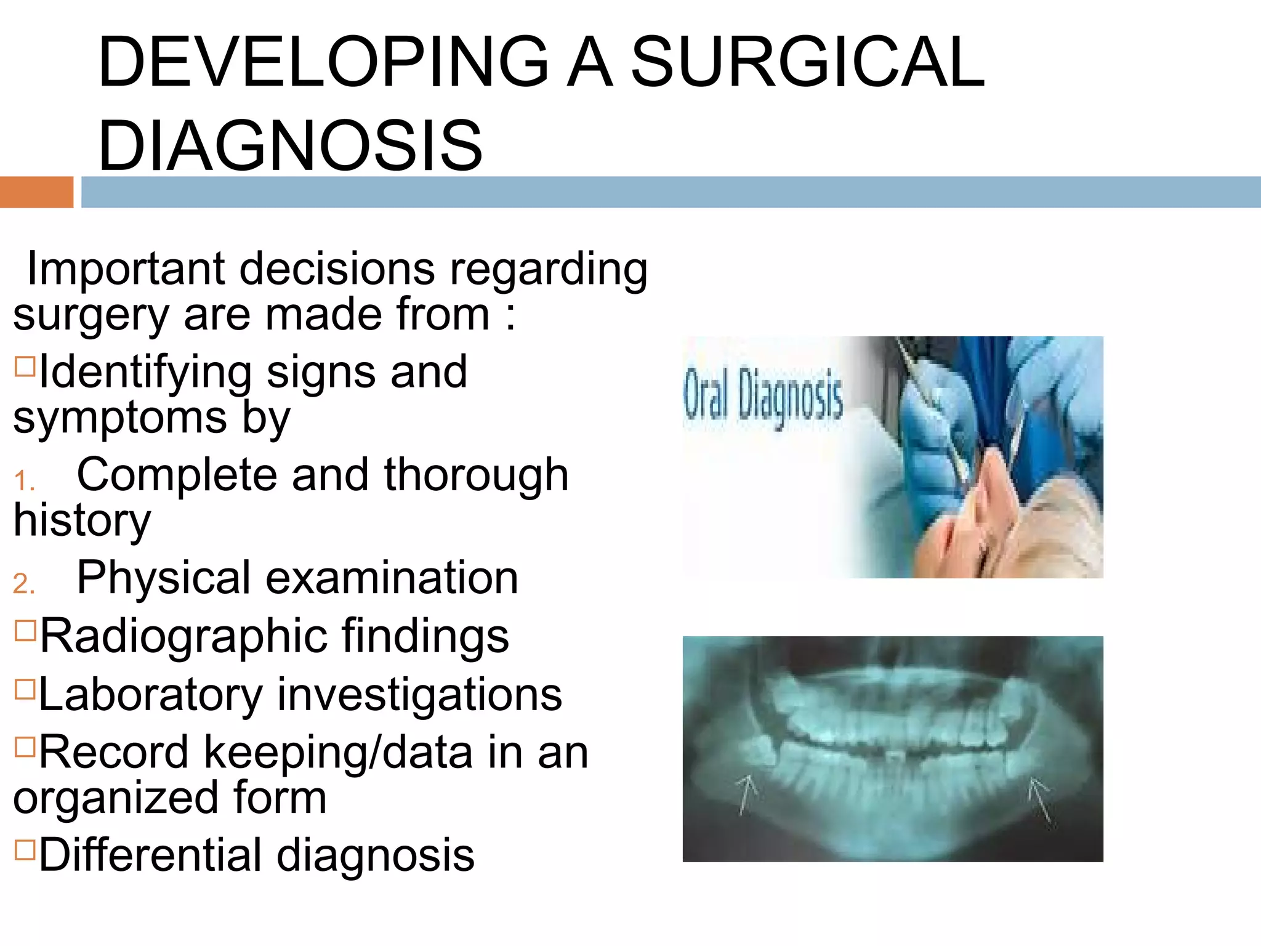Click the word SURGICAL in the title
pos(808,62)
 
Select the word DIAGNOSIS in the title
pos(290,146)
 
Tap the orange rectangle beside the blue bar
pos(36,192)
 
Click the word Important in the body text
pos(126,270)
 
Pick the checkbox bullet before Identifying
pos(25,366)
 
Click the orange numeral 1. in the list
pos(24,481)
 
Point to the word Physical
pos(163,579)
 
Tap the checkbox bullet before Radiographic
pos(25,631)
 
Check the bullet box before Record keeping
pos(25,746)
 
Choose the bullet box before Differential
pos(25,849)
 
